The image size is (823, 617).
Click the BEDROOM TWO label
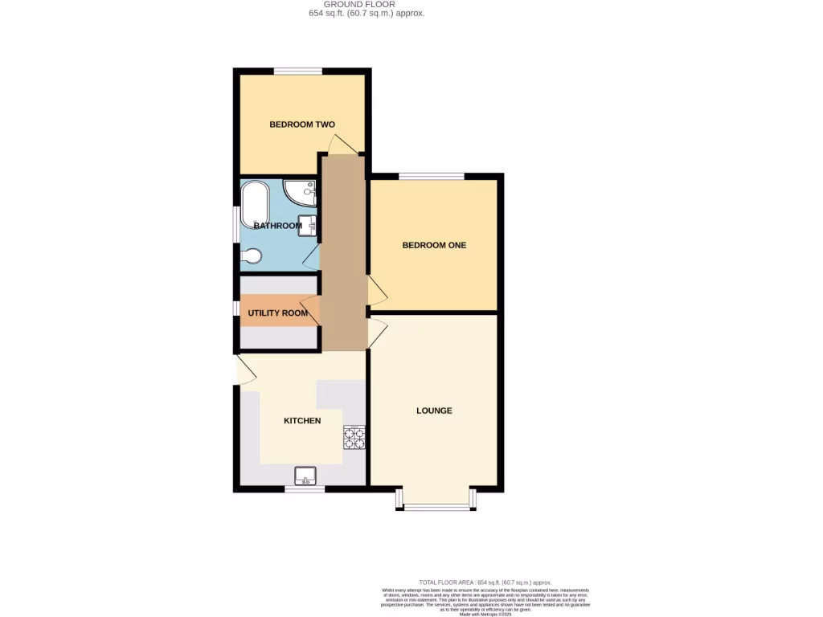(x=301, y=125)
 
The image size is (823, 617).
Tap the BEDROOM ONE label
(x=434, y=245)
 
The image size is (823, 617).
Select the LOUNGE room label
(x=434, y=411)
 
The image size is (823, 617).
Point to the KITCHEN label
(x=302, y=421)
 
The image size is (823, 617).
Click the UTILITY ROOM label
(x=278, y=313)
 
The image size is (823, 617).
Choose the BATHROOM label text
(x=278, y=226)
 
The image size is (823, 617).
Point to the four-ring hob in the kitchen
(x=354, y=438)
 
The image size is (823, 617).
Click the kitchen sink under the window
(x=305, y=476)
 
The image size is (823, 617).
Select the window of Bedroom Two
(x=298, y=72)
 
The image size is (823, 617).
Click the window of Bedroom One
(x=431, y=176)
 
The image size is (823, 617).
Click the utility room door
(x=310, y=310)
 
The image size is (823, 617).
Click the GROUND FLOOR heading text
(x=366, y=4)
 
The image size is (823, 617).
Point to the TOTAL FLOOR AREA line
(x=485, y=582)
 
